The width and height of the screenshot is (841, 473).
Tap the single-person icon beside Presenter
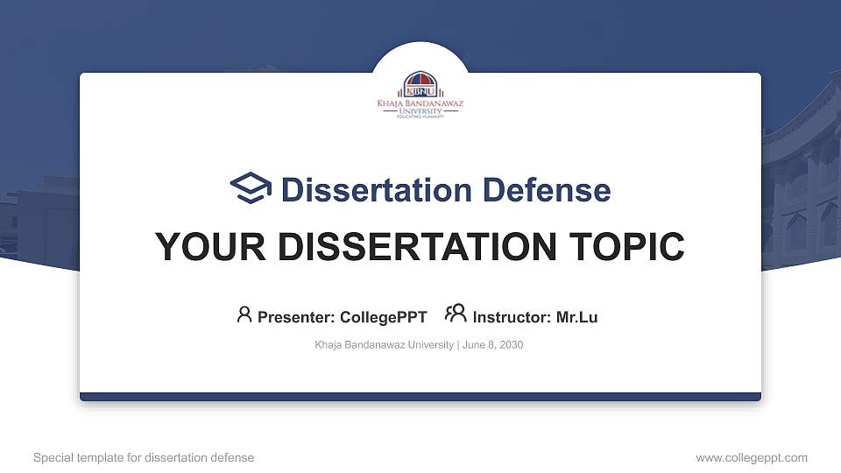(x=244, y=315)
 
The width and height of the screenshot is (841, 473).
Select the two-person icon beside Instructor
(x=456, y=314)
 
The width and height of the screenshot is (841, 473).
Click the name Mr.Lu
(x=576, y=317)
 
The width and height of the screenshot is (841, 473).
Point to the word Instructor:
(x=512, y=317)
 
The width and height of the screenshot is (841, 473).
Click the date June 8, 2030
(x=492, y=345)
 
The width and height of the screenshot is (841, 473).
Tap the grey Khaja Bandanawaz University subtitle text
(x=384, y=345)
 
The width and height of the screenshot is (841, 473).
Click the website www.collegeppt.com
(x=751, y=457)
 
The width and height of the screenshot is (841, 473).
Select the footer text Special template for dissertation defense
(x=144, y=457)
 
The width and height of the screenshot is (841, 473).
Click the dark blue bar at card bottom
(x=420, y=397)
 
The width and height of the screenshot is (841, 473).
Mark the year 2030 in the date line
(x=512, y=345)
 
